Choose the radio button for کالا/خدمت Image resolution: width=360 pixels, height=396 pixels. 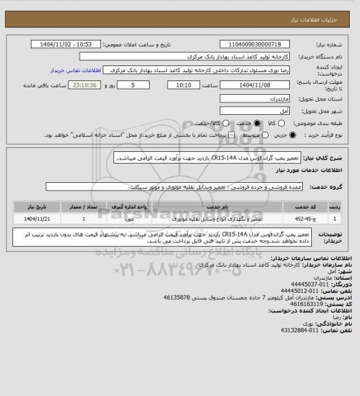tap(219, 122)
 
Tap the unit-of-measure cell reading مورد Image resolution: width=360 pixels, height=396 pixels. tap(129, 219)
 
